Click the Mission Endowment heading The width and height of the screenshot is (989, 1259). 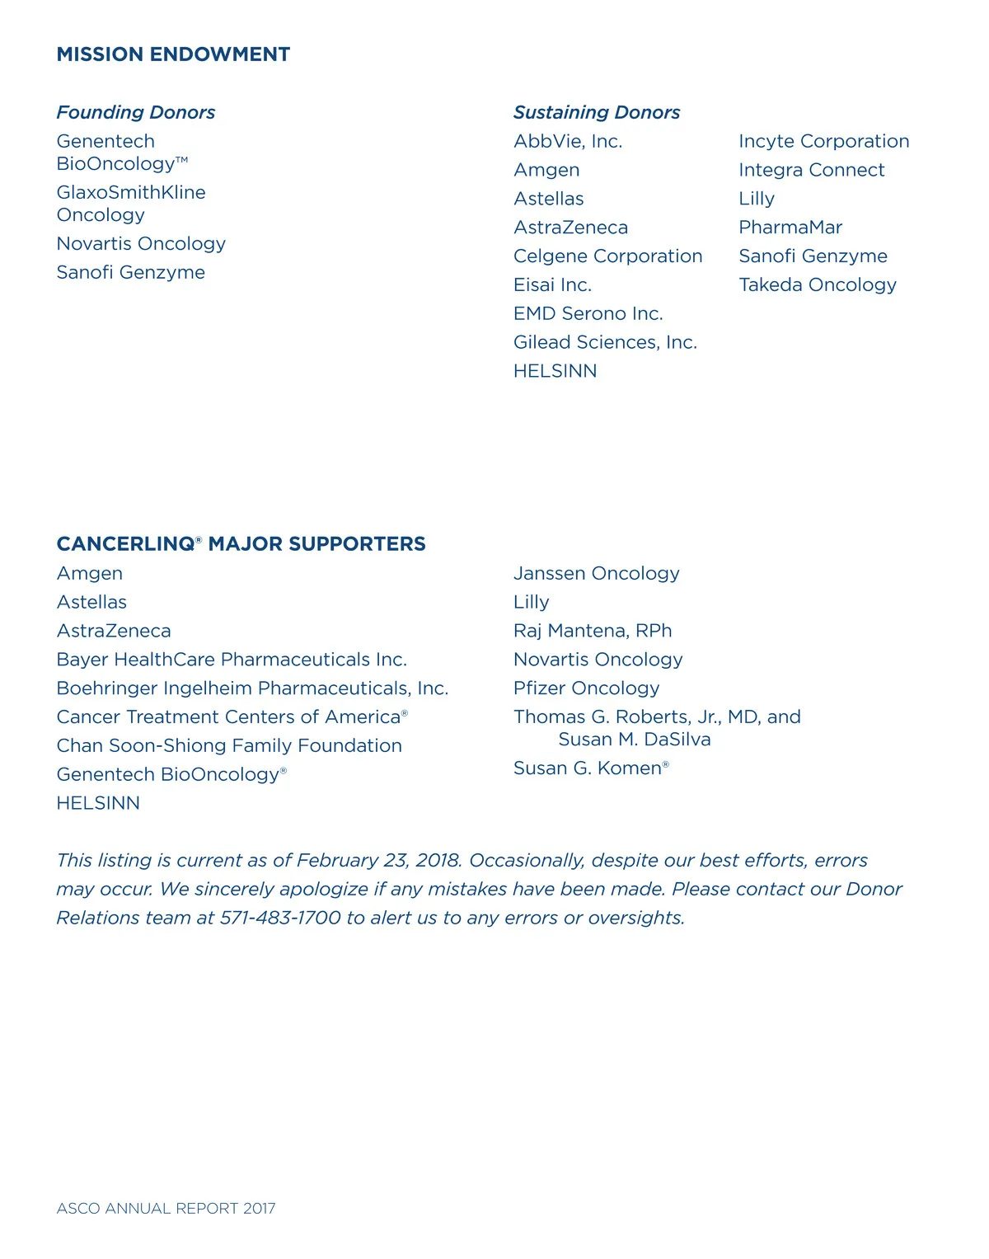tap(173, 54)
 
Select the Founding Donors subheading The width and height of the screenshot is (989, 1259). tap(136, 112)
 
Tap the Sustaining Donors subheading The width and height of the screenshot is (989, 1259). tap(597, 112)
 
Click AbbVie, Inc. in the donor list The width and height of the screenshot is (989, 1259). tap(568, 141)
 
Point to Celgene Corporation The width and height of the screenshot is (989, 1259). tap(607, 256)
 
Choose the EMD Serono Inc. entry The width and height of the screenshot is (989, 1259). tap(588, 313)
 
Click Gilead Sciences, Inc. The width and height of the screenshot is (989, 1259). tap(605, 342)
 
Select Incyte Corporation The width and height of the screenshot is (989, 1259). tap(823, 141)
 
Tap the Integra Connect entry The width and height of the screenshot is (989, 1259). tap(811, 170)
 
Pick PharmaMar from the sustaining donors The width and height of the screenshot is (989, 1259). tap(790, 228)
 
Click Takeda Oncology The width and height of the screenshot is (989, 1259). tap(817, 284)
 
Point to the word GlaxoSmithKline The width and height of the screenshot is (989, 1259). tap(131, 192)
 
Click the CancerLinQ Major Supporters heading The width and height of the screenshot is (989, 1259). tap(241, 544)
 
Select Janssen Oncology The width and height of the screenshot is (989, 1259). tap(596, 573)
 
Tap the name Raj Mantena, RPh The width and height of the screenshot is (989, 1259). tap(593, 631)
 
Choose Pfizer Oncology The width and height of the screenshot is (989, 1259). tap(586, 688)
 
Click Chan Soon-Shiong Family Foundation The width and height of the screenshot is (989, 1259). tap(229, 745)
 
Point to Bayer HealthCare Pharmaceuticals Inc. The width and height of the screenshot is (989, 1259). tap(232, 660)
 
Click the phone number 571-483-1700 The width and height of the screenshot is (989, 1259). tap(280, 918)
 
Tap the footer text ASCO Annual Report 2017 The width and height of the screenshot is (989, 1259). tap(166, 1208)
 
